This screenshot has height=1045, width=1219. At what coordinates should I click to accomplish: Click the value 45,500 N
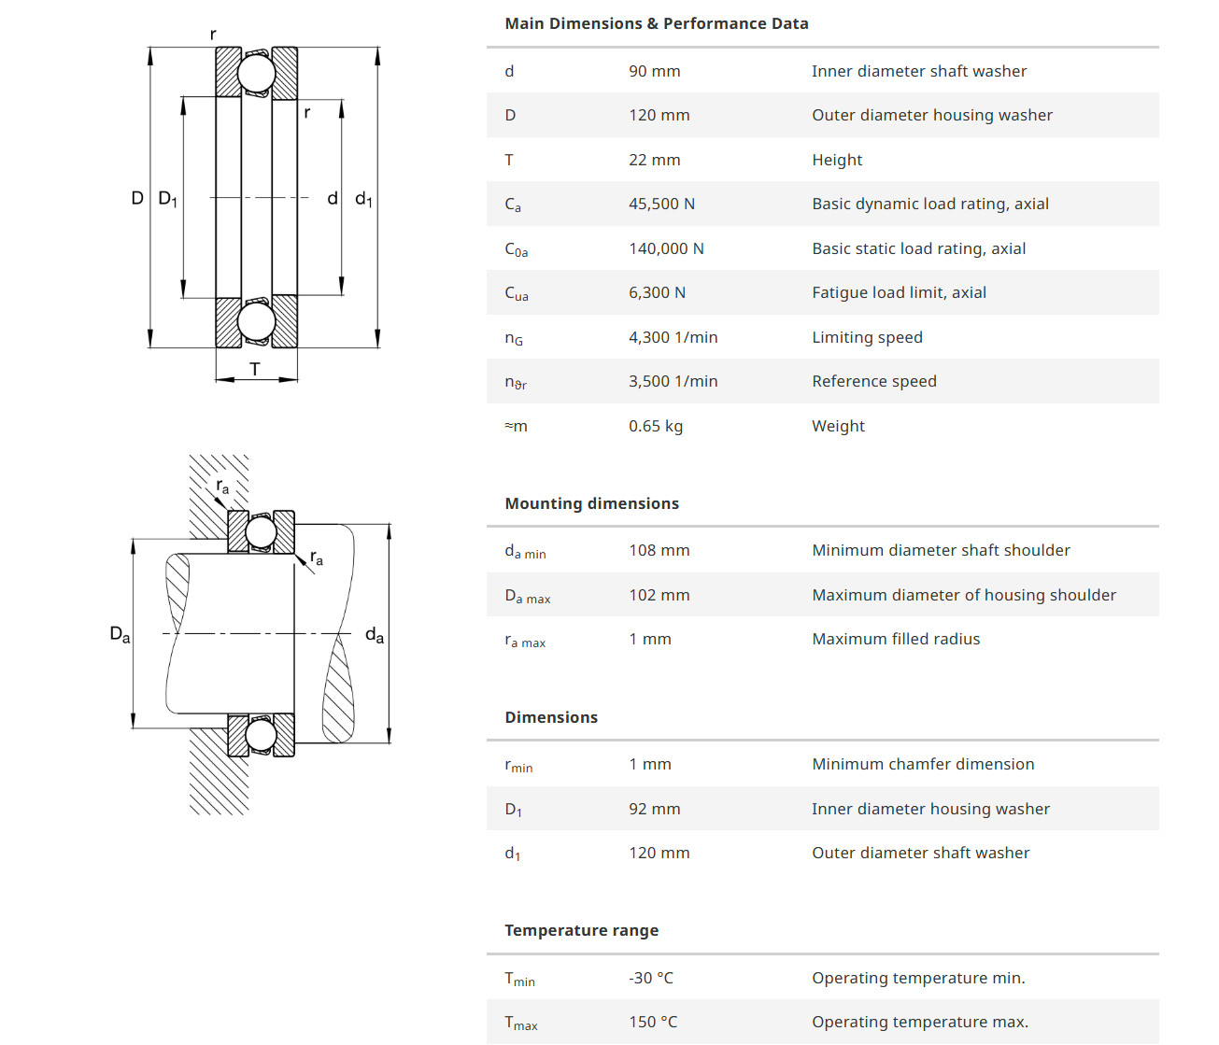[x=661, y=204]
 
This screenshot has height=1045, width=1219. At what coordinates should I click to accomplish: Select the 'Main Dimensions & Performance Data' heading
[x=656, y=23]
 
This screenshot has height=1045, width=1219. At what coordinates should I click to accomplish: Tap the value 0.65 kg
[x=655, y=426]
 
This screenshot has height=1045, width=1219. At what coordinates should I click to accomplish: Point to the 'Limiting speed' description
[x=867, y=337]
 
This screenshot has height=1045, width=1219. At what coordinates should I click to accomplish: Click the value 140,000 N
[x=666, y=248]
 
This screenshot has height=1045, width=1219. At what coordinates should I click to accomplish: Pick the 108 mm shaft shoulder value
[x=659, y=550]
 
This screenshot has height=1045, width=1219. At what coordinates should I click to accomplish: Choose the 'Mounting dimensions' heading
[x=591, y=503]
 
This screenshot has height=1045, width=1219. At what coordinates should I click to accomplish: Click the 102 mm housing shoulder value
[x=659, y=595]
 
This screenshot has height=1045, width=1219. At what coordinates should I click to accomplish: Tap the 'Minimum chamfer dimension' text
[x=923, y=764]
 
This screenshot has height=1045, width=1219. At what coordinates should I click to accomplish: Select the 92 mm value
[x=654, y=809]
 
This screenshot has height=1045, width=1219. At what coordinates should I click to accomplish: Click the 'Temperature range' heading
[x=581, y=930]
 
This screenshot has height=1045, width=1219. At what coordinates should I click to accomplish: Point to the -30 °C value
[x=650, y=978]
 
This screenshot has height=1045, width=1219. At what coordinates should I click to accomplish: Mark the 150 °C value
[x=653, y=1022]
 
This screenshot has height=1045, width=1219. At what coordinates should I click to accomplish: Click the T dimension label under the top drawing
[x=255, y=369]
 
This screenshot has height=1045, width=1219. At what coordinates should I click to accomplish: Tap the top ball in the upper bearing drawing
[x=256, y=74]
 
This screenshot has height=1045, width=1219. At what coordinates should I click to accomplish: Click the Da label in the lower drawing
[x=120, y=634]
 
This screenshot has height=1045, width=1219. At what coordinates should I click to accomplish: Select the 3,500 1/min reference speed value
[x=673, y=381]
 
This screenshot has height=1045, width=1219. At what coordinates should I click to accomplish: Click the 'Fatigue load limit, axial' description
[x=899, y=292]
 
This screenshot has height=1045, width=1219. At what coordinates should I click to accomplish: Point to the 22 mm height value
[x=654, y=160]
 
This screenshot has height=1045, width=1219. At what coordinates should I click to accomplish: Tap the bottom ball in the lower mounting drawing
[x=261, y=736]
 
